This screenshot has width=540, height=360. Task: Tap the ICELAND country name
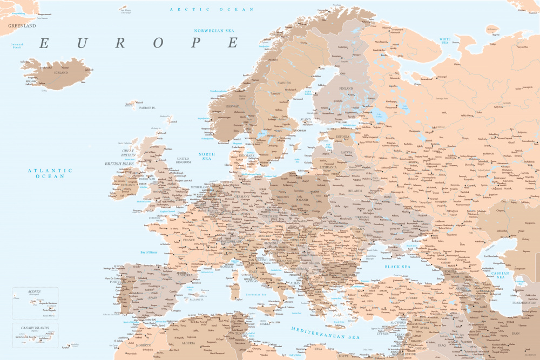point(61,72)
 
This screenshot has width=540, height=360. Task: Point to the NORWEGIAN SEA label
point(217,31)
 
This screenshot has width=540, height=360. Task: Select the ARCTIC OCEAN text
point(211,9)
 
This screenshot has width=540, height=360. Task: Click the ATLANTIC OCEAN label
point(50,173)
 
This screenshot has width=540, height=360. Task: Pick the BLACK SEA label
point(397,267)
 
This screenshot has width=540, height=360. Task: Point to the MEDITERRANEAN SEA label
point(325,333)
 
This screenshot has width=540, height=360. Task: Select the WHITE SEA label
point(445,39)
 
